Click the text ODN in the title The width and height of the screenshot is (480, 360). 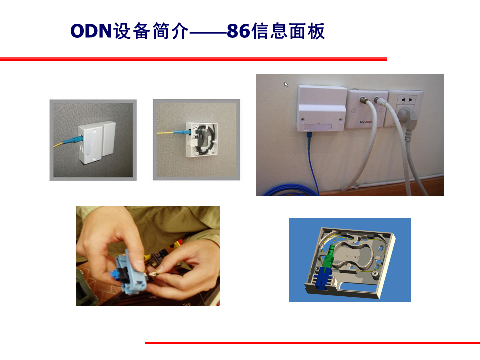pyautogui.click(x=90, y=32)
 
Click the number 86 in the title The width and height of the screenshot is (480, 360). pyautogui.click(x=238, y=32)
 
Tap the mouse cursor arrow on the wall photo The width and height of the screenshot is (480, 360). pyautogui.click(x=286, y=84)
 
